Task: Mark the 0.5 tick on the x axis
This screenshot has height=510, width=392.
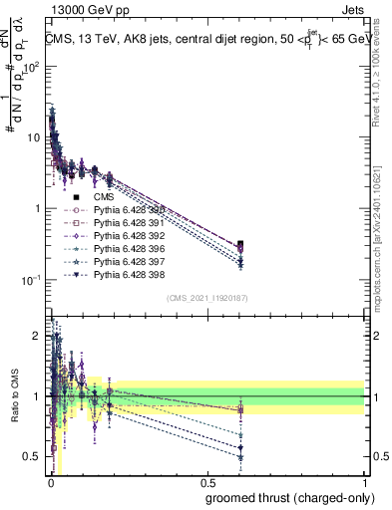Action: click(x=207, y=481)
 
